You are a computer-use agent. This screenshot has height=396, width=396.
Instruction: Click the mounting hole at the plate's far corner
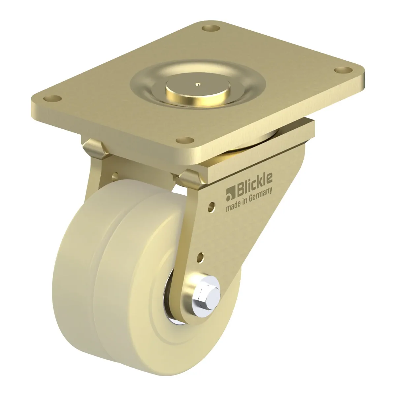point(211,28)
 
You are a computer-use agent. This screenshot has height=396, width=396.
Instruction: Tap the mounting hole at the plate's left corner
point(52,98)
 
